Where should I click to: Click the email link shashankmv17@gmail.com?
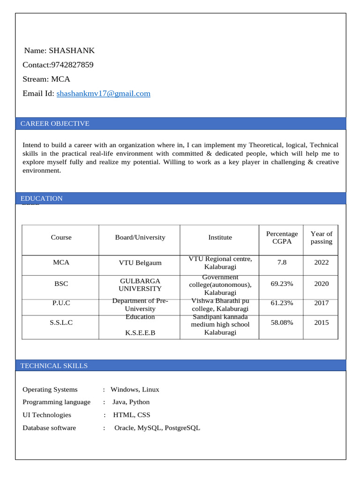point(103,93)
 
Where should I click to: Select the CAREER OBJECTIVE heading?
point(55,124)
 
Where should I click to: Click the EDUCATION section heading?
point(42,198)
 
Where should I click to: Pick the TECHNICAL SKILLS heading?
point(54,366)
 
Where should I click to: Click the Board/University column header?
point(140,238)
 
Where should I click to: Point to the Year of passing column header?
point(321,238)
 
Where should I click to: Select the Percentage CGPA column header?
point(282,238)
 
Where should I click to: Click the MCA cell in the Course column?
point(61,262)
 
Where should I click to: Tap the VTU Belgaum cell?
point(140,263)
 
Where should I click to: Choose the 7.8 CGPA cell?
point(282,262)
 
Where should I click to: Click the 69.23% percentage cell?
point(282,284)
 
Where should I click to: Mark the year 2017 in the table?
point(321,303)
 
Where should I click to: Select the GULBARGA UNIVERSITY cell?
point(140,285)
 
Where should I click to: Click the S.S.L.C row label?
point(61,322)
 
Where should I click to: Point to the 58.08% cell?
point(282,322)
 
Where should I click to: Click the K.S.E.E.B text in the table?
point(140,333)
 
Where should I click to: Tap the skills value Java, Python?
point(131,402)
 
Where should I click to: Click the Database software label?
point(49,427)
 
